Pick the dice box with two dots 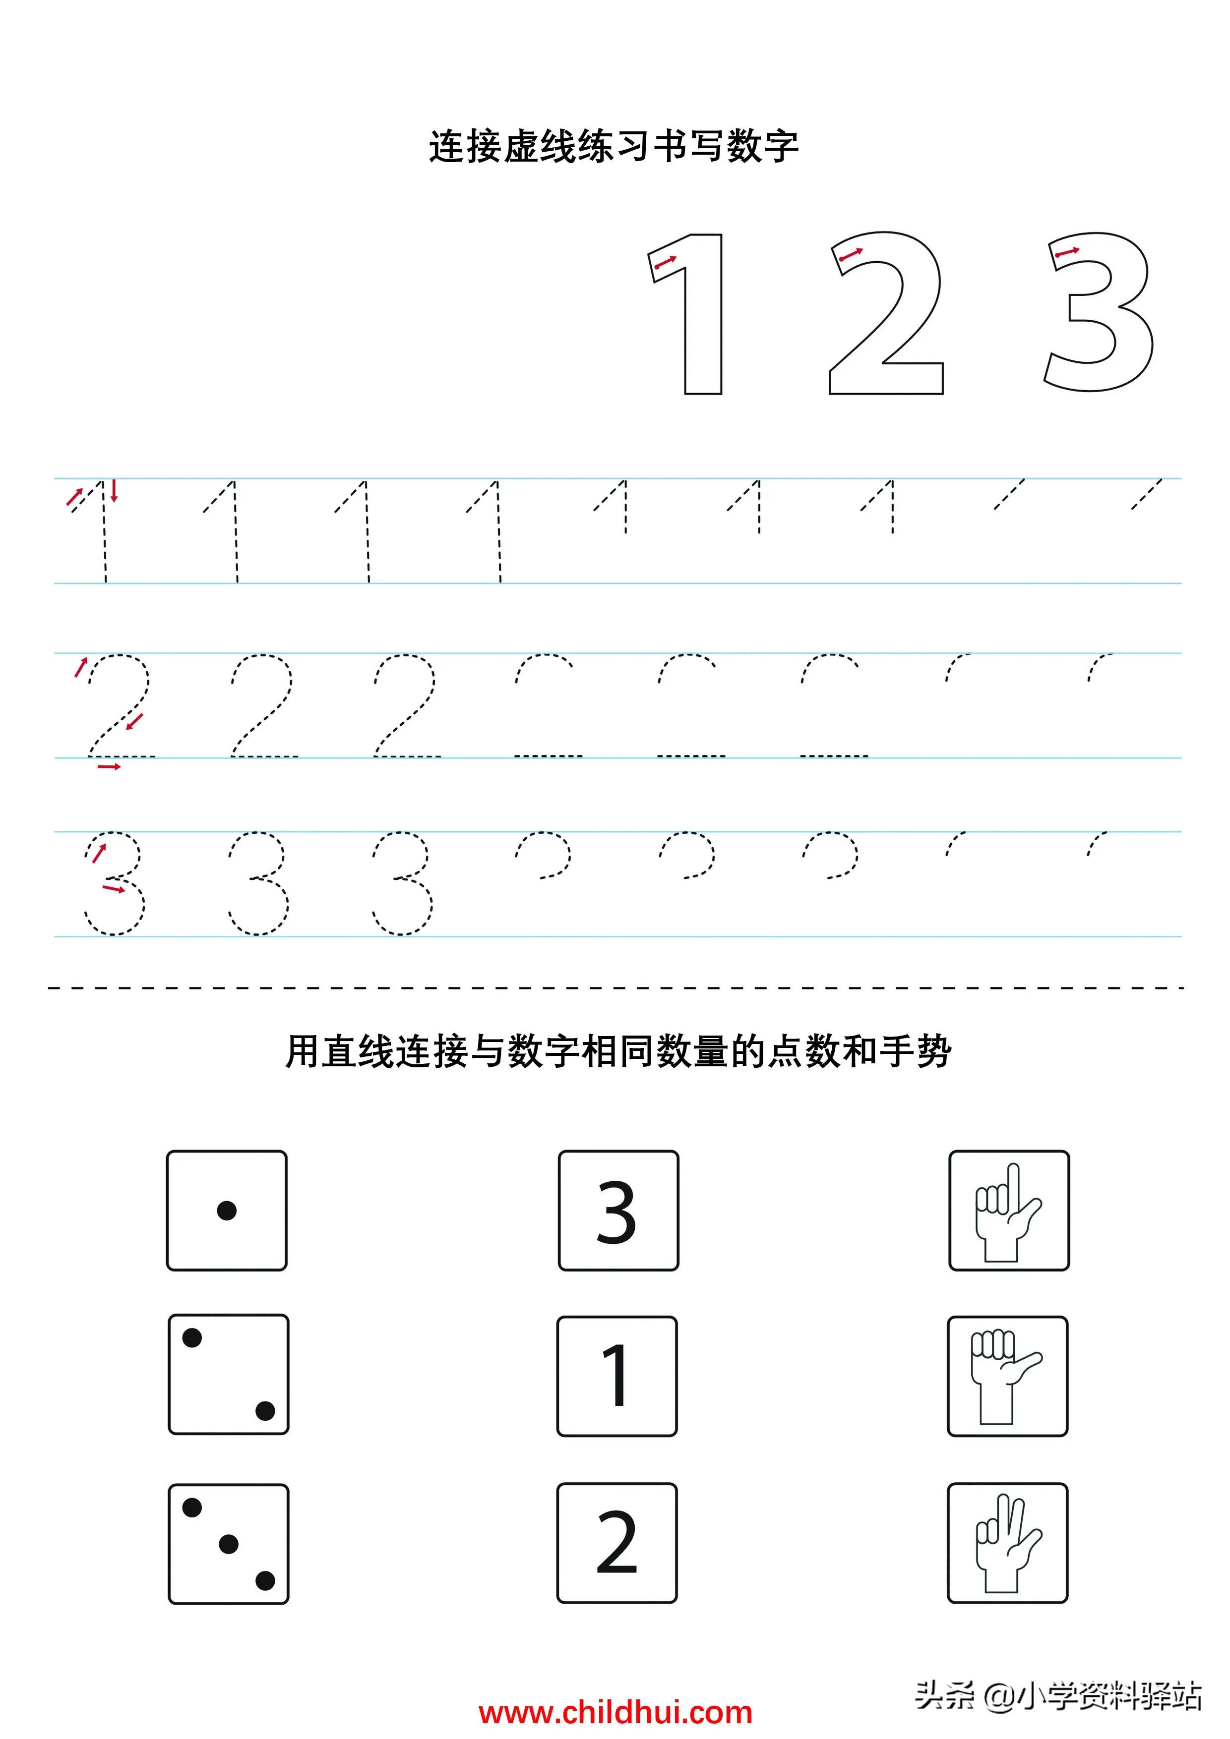(228, 1374)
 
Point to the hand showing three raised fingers (1007, 1543)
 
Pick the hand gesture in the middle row (1007, 1376)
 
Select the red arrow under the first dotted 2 (109, 767)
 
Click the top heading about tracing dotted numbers (614, 146)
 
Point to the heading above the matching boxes (617, 1051)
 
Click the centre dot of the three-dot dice (228, 1544)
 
